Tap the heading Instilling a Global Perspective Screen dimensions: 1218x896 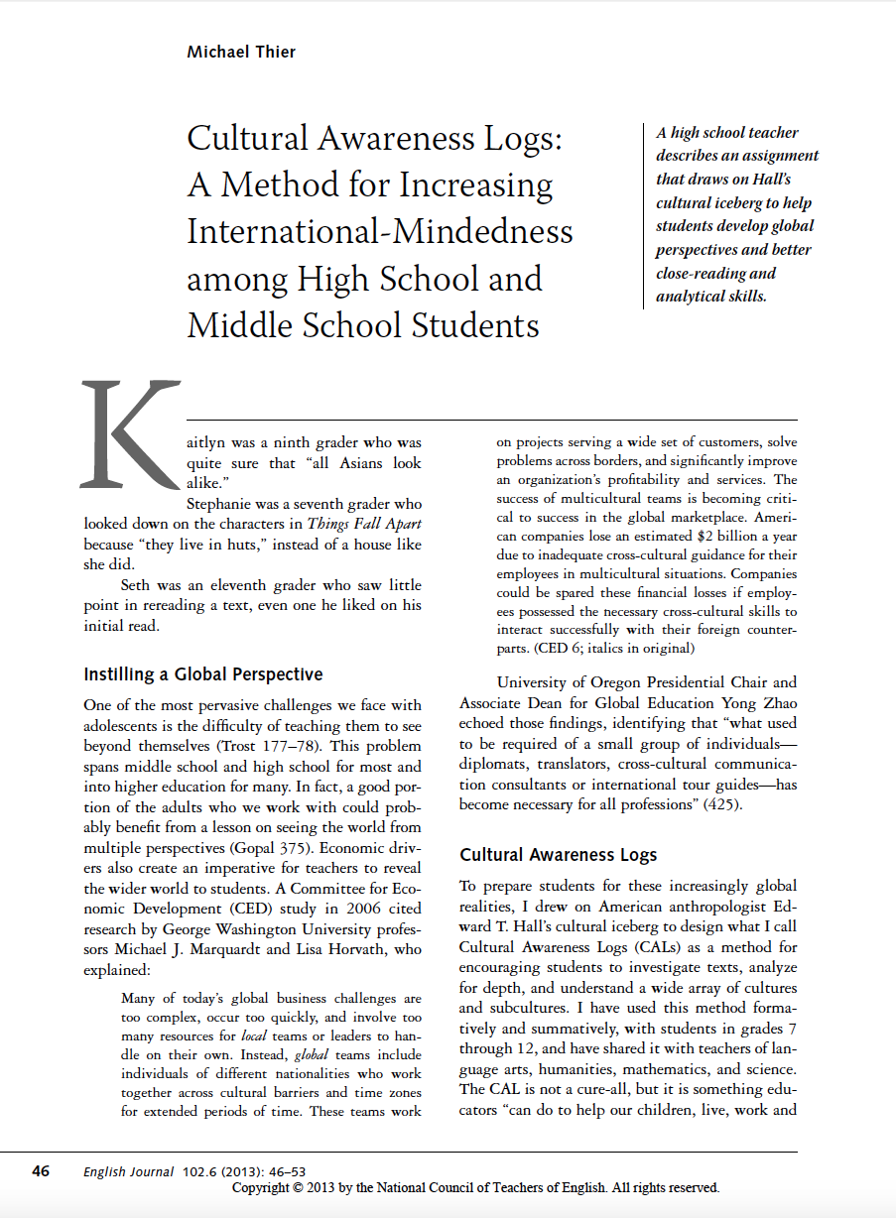[203, 674]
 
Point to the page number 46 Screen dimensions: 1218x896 [41, 1171]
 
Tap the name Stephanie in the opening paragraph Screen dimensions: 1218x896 [222, 504]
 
